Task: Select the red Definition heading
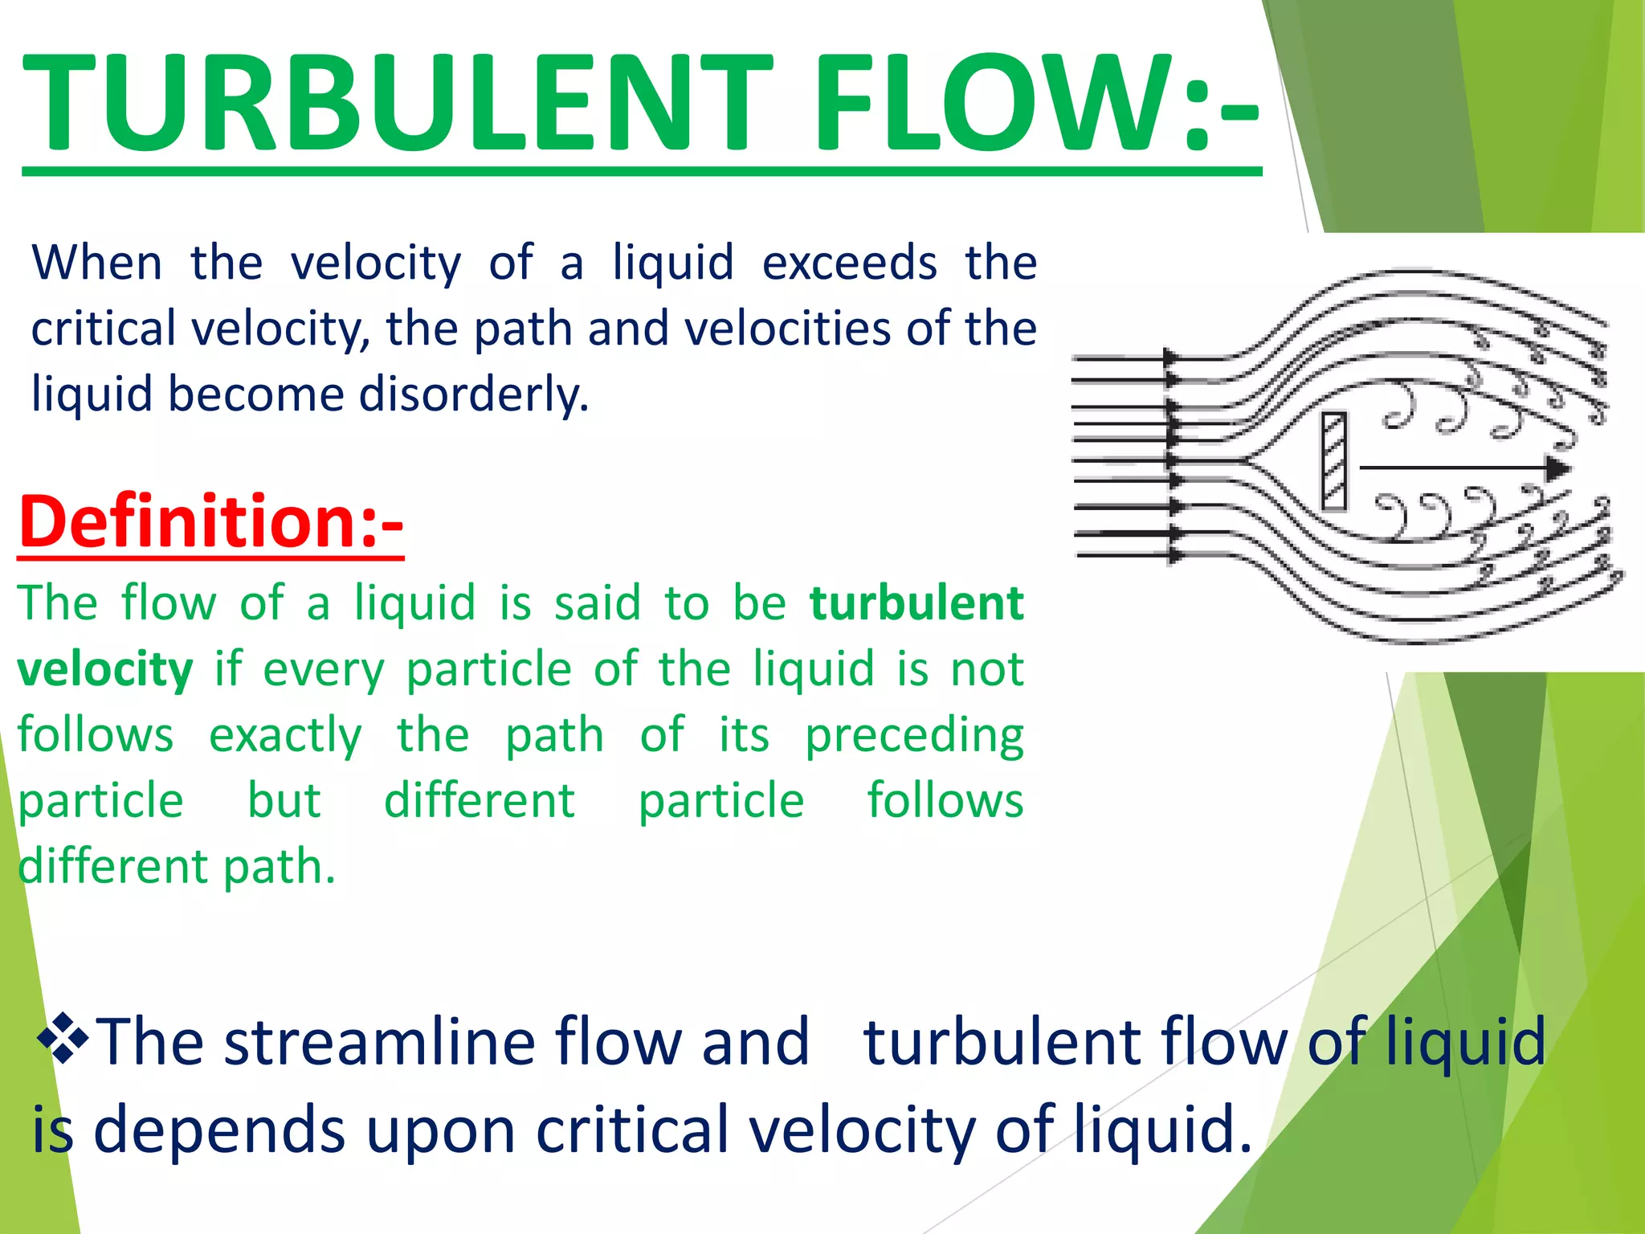(210, 522)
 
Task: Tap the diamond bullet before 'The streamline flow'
(62, 1039)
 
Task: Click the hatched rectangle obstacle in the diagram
(1334, 461)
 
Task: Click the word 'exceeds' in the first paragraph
(849, 264)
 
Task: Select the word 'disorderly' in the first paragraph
(474, 394)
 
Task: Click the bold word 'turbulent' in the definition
(916, 603)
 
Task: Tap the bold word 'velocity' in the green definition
(105, 670)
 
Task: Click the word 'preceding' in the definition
(914, 736)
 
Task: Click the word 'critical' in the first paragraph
(104, 329)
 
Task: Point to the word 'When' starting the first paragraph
(97, 264)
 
